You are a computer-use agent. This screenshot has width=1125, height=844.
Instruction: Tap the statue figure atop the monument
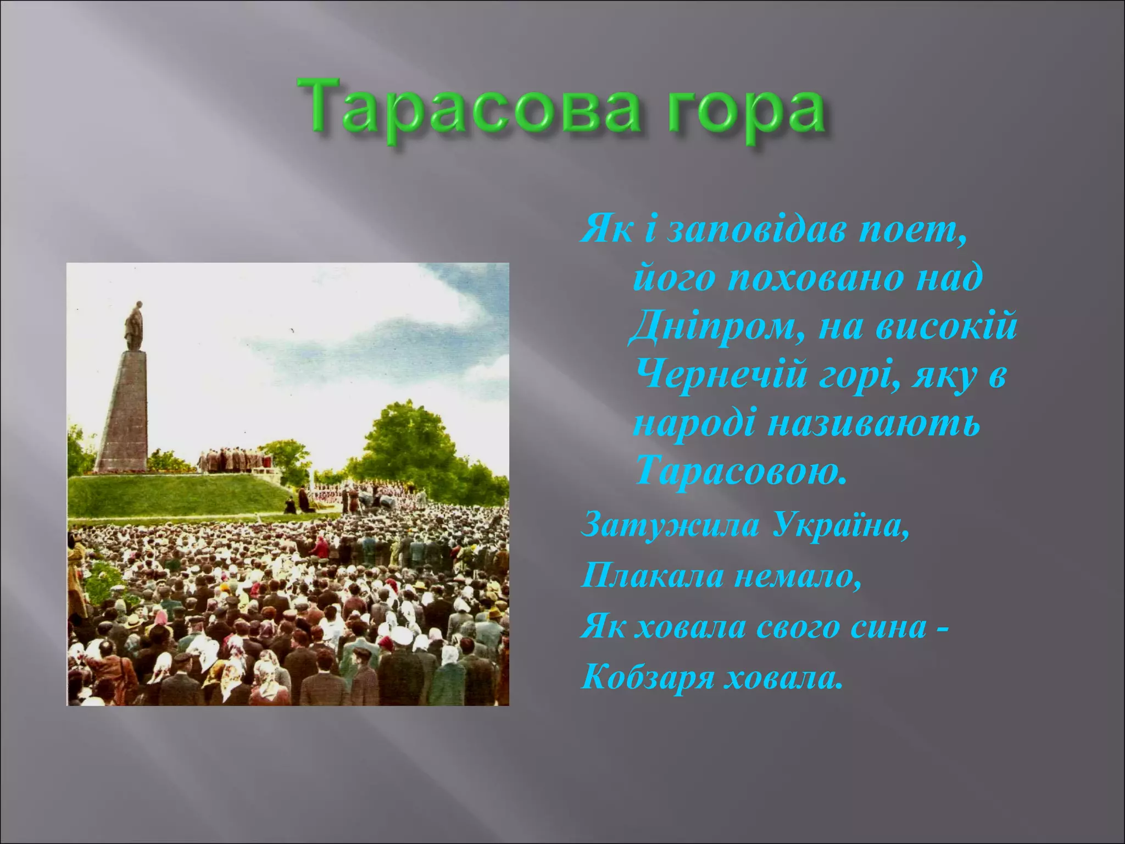[x=133, y=325]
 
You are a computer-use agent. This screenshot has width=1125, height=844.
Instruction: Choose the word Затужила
[x=670, y=526]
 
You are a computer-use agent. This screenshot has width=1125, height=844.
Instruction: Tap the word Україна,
[x=840, y=526]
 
